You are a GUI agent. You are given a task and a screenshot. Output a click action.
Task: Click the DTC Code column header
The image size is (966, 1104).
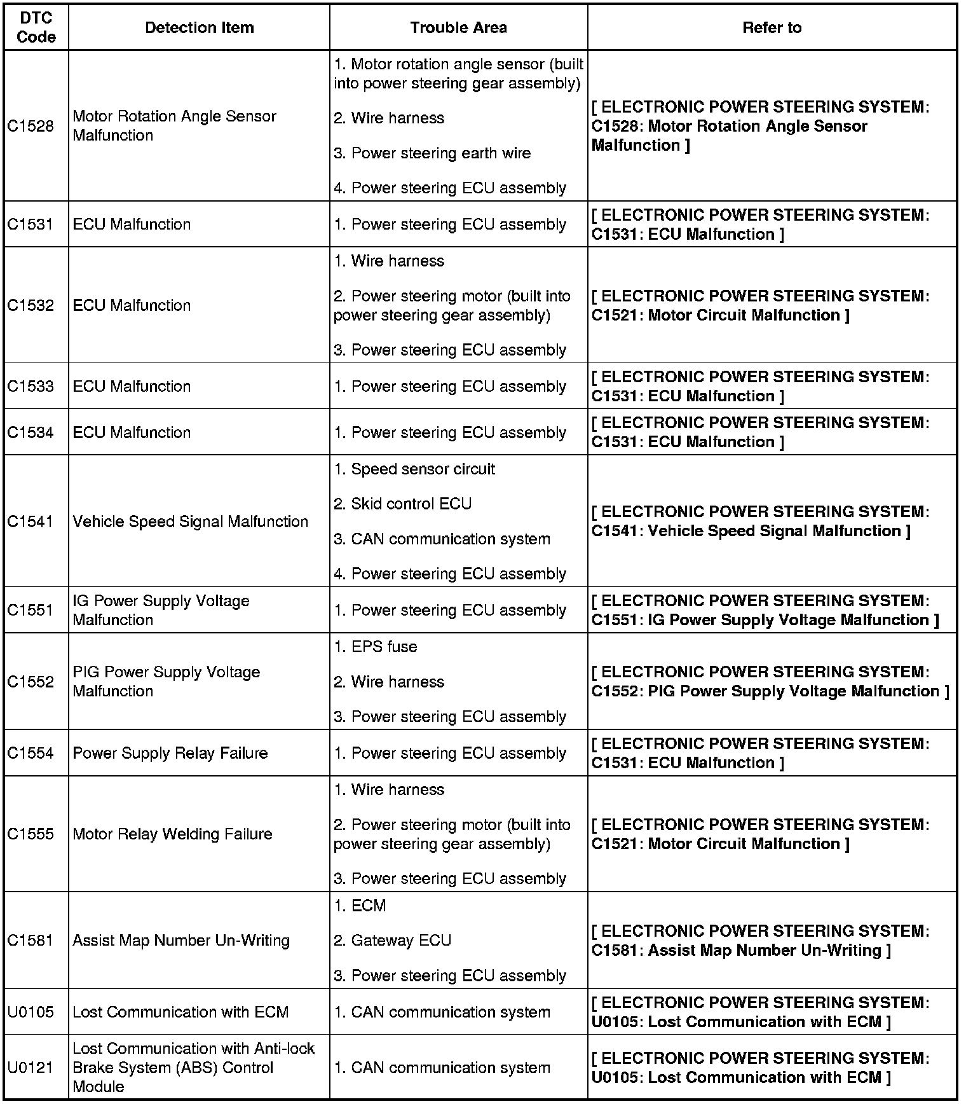click(36, 28)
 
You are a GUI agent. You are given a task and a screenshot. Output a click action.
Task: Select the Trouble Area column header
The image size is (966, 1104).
click(458, 28)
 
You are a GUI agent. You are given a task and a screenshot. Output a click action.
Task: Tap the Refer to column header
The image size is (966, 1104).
click(772, 28)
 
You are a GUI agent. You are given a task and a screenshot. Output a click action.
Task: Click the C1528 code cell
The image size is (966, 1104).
click(31, 126)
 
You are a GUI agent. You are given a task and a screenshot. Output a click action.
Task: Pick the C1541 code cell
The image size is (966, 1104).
click(31, 521)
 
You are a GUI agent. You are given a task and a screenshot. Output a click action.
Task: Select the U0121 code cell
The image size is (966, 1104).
click(31, 1067)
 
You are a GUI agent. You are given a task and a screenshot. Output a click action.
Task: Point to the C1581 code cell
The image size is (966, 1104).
click(31, 940)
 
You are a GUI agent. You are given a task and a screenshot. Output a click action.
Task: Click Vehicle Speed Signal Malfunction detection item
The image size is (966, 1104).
click(190, 521)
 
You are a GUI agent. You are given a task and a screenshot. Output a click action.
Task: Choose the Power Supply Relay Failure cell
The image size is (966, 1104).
click(170, 753)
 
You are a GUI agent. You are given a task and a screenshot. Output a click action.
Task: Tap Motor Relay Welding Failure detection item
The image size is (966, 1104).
click(172, 834)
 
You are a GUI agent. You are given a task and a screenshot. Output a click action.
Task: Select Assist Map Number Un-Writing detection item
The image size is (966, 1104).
click(181, 940)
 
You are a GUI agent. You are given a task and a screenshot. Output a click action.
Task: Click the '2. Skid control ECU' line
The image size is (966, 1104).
click(402, 504)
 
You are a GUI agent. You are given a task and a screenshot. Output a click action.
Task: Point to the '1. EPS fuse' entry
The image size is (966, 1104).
click(376, 647)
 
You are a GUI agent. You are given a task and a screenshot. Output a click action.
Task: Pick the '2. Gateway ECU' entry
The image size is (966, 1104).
click(392, 941)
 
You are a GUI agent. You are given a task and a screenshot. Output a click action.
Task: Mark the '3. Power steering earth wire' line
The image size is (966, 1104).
click(432, 153)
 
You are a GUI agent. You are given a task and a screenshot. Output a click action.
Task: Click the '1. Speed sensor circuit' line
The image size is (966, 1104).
click(414, 469)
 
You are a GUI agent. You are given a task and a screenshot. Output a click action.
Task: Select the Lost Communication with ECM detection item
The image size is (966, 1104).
click(180, 1012)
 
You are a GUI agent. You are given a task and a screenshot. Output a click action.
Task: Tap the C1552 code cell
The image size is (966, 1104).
click(31, 682)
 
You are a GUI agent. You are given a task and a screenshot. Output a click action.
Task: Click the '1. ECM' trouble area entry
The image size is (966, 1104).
click(360, 906)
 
